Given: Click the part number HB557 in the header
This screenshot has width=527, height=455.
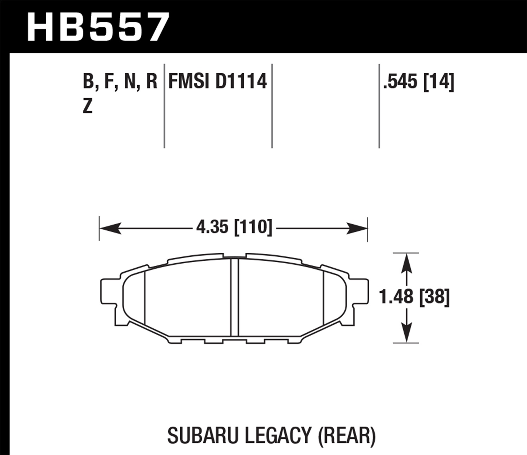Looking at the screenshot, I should pyautogui.click(x=98, y=27).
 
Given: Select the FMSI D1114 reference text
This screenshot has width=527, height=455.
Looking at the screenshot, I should pyautogui.click(x=218, y=81).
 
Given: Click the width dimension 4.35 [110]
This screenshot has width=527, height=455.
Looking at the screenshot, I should pyautogui.click(x=234, y=227).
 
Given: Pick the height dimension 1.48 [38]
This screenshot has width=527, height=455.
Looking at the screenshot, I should pyautogui.click(x=414, y=297).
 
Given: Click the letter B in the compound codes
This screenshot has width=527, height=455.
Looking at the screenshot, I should pyautogui.click(x=88, y=81).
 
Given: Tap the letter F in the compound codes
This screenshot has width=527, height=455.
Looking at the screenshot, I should pyautogui.click(x=108, y=81).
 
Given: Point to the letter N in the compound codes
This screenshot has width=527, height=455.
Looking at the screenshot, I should pyautogui.click(x=130, y=81).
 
